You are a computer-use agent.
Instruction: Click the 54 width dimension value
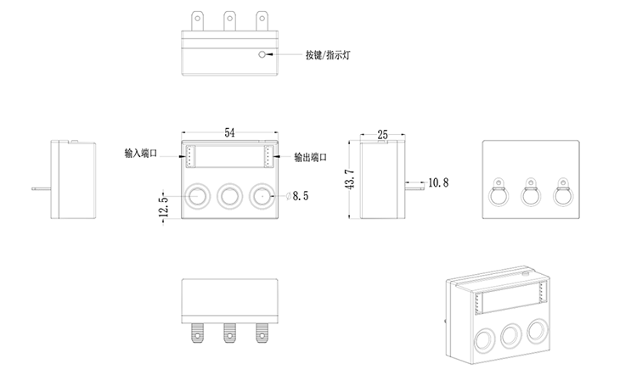(x=229, y=132)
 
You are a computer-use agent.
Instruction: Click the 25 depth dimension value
(x=381, y=135)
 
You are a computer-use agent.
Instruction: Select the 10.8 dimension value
(x=438, y=182)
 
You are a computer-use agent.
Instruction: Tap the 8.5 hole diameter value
(x=302, y=196)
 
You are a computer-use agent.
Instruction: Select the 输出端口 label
(x=310, y=157)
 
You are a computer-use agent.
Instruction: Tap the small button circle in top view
(x=263, y=57)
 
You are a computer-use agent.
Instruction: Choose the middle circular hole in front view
(x=229, y=196)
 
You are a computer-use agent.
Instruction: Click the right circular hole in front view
(x=262, y=196)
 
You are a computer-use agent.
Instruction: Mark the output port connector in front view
(x=268, y=156)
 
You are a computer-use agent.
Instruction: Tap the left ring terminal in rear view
(x=499, y=193)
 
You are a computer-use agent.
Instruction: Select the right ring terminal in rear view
(x=561, y=193)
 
